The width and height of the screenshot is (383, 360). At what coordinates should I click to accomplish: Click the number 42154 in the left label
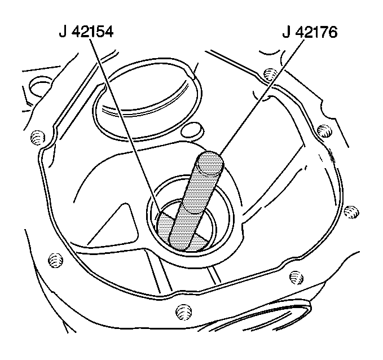pyautogui.click(x=93, y=32)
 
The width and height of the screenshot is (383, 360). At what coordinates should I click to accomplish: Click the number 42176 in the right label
pyautogui.click(x=317, y=32)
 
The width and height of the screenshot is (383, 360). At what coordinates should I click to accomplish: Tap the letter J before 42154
pyautogui.click(x=63, y=32)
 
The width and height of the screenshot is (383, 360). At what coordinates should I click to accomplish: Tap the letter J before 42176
pyautogui.click(x=287, y=32)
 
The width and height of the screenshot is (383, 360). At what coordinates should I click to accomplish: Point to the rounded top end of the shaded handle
pyautogui.click(x=210, y=163)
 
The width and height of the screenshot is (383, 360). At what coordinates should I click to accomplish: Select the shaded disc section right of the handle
pyautogui.click(x=199, y=243)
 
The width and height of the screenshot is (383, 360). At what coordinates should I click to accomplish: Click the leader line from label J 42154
pyautogui.click(x=125, y=125)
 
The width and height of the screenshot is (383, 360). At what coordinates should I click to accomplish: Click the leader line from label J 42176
pyautogui.click(x=262, y=97)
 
